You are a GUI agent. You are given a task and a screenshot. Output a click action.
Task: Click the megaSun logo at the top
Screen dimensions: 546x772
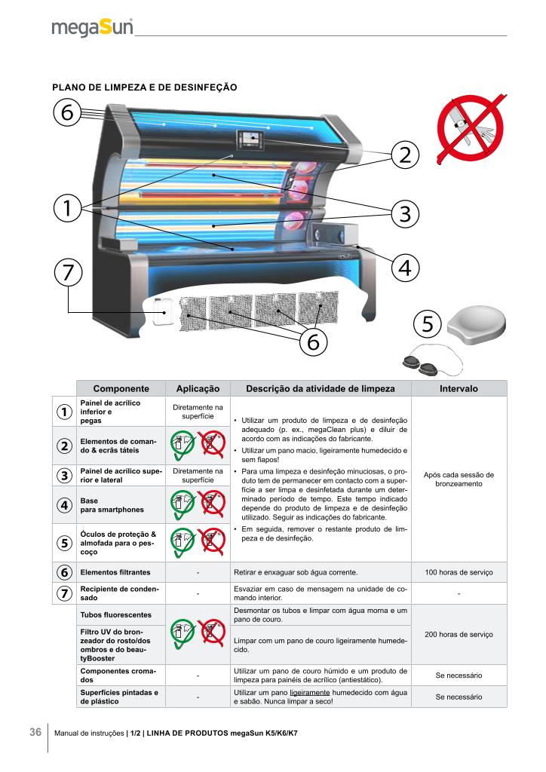(92, 27)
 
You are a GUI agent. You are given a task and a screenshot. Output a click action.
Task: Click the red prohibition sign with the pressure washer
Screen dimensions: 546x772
(471, 128)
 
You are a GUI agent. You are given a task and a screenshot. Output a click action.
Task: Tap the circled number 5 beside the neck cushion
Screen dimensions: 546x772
(428, 324)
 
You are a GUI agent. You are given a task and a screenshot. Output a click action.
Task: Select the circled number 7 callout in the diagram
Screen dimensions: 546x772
(68, 273)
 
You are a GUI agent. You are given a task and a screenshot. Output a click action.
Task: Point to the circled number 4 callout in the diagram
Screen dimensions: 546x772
(405, 268)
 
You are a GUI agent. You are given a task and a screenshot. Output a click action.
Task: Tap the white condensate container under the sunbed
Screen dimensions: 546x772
(161, 311)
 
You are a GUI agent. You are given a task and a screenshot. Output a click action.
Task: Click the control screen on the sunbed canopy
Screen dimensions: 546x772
(250, 140)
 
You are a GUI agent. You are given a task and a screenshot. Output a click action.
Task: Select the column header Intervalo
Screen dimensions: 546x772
(459, 388)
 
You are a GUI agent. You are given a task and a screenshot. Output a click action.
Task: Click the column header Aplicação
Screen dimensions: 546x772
(198, 388)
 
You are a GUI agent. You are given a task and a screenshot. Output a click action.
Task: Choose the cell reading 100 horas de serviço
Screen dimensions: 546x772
(459, 572)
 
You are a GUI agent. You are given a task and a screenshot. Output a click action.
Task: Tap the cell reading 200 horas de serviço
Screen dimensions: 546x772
(459, 634)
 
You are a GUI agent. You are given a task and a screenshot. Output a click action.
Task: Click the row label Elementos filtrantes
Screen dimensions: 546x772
(115, 572)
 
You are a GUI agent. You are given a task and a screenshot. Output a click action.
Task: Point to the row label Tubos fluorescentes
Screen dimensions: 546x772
(115, 614)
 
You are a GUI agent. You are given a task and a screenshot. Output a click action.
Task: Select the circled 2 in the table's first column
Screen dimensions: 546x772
(64, 446)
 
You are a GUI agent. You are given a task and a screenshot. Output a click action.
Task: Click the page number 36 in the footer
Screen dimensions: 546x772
(35, 732)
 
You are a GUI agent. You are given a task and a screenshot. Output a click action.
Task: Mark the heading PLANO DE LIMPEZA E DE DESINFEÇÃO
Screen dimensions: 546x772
(145, 87)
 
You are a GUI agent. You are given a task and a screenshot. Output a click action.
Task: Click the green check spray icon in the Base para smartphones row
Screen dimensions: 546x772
(183, 504)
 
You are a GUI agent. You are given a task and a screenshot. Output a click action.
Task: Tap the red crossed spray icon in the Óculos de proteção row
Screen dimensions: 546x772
(212, 540)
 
